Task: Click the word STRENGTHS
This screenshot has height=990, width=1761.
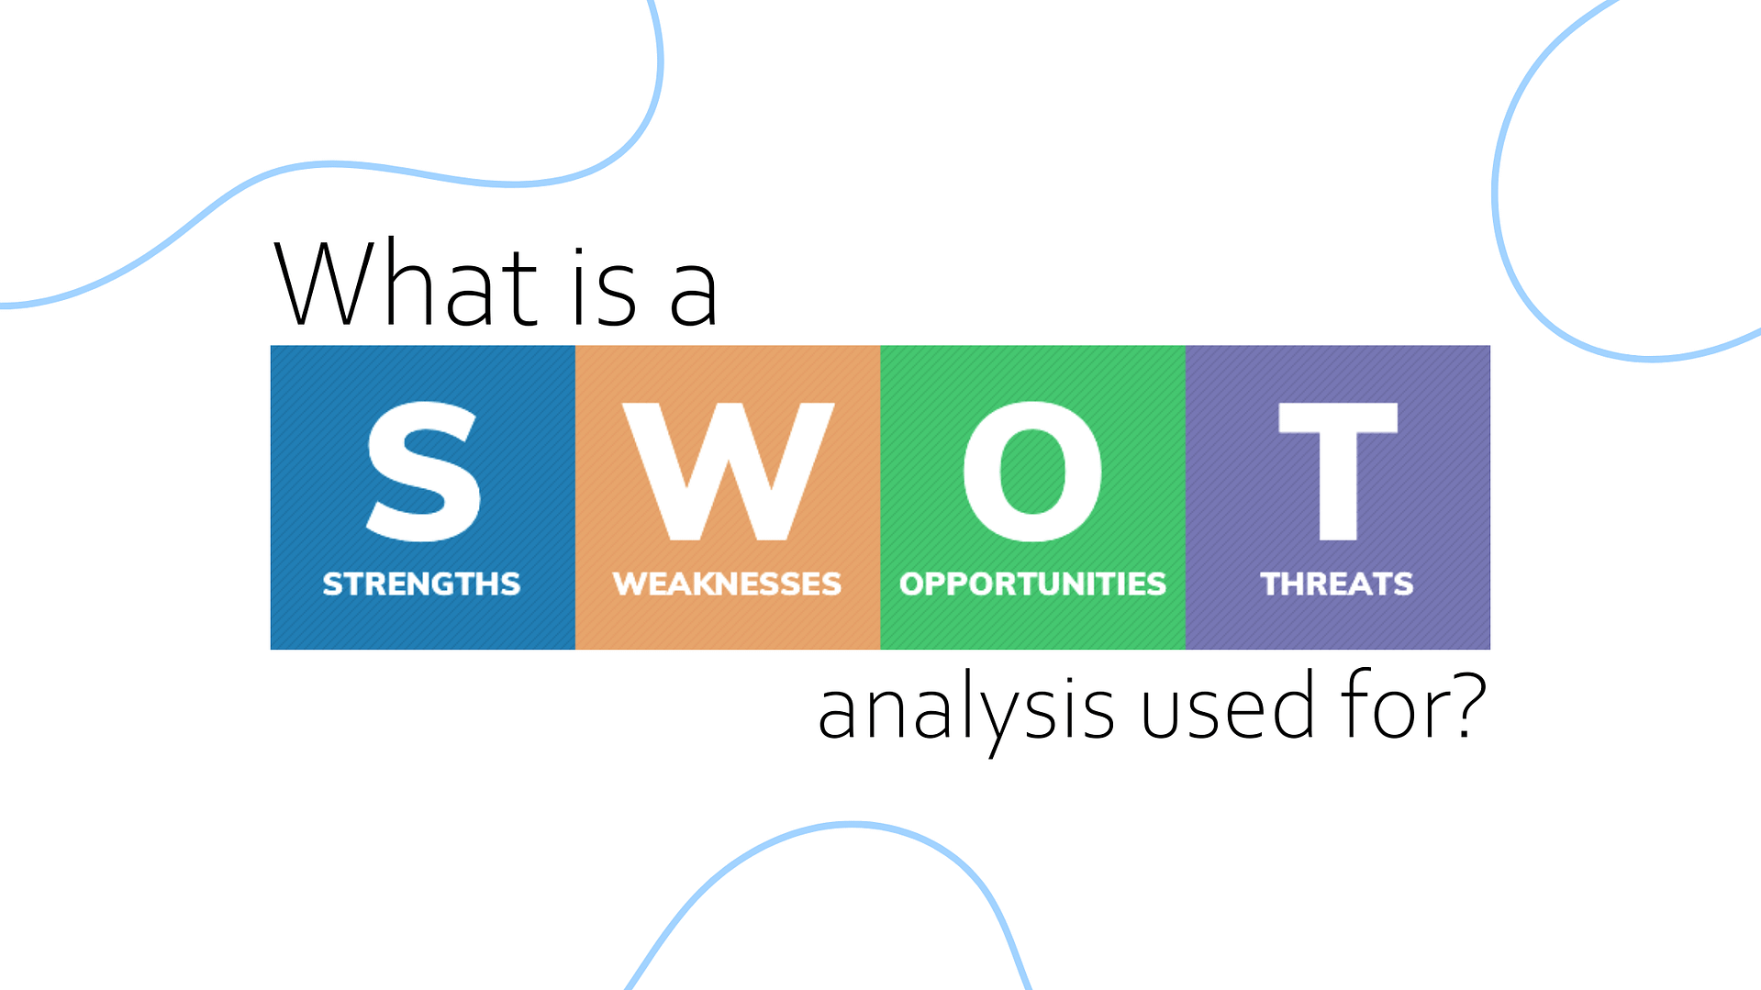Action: click(421, 584)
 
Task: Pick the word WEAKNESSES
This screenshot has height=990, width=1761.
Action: click(727, 584)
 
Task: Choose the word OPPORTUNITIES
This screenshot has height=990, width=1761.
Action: click(1032, 584)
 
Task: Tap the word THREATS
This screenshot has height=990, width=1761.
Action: click(1337, 584)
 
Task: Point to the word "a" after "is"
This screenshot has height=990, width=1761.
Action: click(693, 295)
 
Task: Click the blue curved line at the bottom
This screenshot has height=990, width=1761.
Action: click(852, 825)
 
